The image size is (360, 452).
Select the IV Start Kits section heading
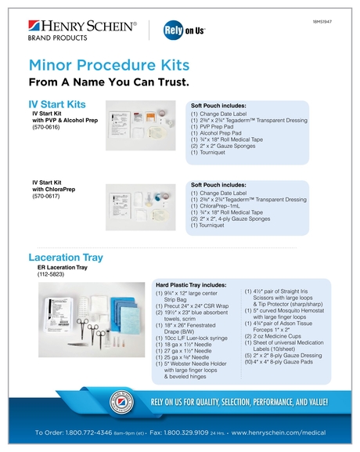(57, 103)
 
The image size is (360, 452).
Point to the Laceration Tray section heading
(70, 257)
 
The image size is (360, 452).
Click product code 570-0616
(48, 128)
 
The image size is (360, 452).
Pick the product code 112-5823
(52, 275)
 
